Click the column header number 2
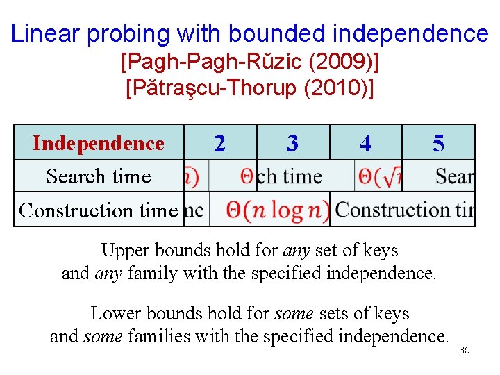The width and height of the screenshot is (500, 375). [219, 143]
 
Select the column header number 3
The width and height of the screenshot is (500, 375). [292, 143]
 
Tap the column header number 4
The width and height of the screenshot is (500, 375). [365, 143]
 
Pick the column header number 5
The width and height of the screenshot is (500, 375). [438, 143]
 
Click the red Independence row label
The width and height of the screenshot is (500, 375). [99, 143]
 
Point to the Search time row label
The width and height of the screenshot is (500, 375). [99, 176]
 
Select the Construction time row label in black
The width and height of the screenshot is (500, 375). [99, 210]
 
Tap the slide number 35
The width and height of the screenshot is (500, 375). [465, 350]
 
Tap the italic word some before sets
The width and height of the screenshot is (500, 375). [294, 314]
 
